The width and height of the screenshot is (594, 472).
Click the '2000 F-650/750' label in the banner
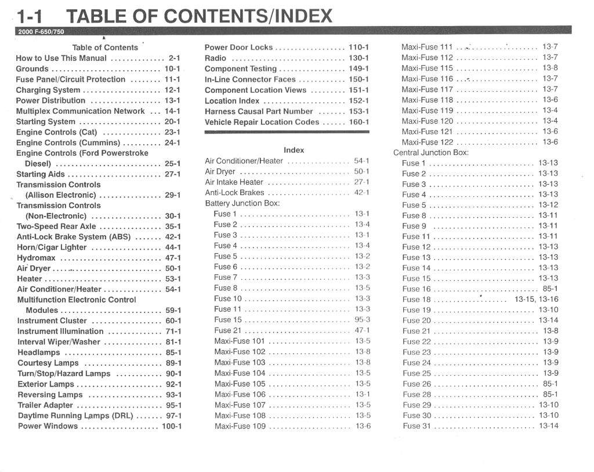click(41, 32)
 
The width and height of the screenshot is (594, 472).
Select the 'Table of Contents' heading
click(105, 48)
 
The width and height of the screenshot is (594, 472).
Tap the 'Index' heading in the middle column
click(294, 150)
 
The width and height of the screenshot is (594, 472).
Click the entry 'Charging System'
click(48, 90)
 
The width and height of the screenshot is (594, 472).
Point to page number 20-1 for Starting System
click(172, 122)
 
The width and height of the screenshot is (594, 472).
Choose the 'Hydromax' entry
click(36, 258)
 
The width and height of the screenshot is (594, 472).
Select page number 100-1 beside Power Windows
click(172, 426)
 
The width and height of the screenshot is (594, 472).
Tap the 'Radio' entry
click(215, 58)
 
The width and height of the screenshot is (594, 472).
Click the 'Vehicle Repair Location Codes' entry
click(262, 122)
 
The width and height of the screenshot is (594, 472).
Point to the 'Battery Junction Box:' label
click(242, 203)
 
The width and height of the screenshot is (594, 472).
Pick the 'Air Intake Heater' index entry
click(234, 182)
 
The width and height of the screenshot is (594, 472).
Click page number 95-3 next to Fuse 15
click(363, 319)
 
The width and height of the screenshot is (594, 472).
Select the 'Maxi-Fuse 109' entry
click(240, 426)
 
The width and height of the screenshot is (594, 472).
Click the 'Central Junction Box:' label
click(431, 153)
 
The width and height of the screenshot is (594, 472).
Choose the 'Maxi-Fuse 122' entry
click(428, 142)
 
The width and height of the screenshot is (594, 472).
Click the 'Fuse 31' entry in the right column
click(416, 426)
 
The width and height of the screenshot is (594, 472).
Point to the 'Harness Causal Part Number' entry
click(259, 111)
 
